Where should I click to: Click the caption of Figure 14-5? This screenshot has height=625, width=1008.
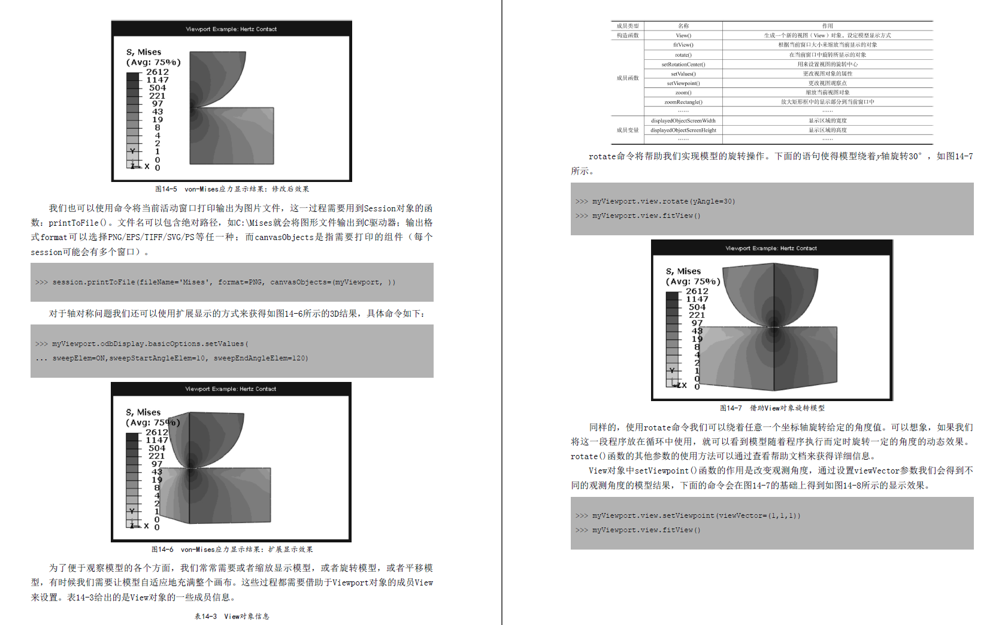pos(232,189)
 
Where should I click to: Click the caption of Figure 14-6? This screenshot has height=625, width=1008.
pos(232,550)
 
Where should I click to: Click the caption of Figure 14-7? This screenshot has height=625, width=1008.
pos(772,408)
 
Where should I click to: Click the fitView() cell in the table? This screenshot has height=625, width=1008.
pos(683,45)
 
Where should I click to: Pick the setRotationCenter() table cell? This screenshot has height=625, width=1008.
pos(683,64)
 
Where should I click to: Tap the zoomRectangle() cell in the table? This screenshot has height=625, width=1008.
pos(683,102)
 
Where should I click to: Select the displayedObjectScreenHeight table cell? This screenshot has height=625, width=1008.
pos(683,130)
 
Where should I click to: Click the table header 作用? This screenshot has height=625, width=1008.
pos(827,26)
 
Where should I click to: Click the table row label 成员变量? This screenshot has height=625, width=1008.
pos(627,130)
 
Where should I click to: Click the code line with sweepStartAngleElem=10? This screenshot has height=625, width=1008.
pos(180,359)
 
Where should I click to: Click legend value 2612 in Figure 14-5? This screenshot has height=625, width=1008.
pos(158,72)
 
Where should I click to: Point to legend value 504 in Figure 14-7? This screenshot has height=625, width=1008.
pos(697,307)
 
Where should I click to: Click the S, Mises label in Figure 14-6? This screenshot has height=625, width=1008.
pos(143,412)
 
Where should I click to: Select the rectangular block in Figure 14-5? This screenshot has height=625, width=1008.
pos(232,136)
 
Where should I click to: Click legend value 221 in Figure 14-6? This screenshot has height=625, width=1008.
pos(157,456)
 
